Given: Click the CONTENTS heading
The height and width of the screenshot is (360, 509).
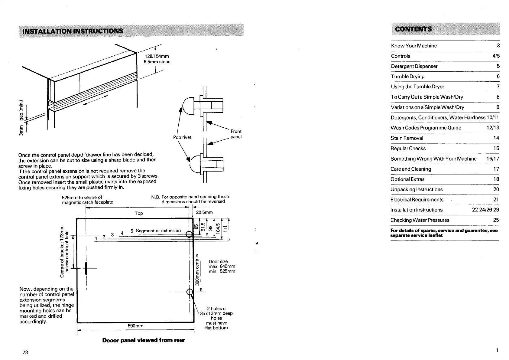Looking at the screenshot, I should coord(413,29).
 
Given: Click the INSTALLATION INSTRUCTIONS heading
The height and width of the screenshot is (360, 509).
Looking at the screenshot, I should coord(71,31).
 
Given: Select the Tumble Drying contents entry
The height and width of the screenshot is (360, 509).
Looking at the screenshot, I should coord(407,77).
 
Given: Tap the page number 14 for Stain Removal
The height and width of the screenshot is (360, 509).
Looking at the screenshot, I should coord(496,138).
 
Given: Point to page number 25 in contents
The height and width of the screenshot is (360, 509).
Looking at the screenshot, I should coord(496,220).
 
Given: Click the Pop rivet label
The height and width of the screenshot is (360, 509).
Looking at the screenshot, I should coord(182,137).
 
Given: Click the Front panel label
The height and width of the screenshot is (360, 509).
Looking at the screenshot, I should coord(236,134).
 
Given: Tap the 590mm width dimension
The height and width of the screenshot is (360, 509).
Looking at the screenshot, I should coord(135,326).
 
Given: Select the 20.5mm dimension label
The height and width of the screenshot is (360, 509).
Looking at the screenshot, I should coord(204,212).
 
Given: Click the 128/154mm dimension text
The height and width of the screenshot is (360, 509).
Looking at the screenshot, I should coord(157,56).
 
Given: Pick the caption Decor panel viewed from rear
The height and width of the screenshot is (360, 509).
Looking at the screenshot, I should coord(144,340).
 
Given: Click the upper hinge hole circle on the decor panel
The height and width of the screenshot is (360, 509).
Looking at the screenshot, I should coord(189,234).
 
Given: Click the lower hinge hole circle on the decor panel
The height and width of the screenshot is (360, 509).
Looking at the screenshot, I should coord(190,292).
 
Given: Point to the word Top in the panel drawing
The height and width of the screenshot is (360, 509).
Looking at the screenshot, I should coord(139,213).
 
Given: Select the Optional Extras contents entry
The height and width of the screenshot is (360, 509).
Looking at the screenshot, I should coord(407,179).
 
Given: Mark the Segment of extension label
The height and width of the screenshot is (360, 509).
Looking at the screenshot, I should coord(158,231).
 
